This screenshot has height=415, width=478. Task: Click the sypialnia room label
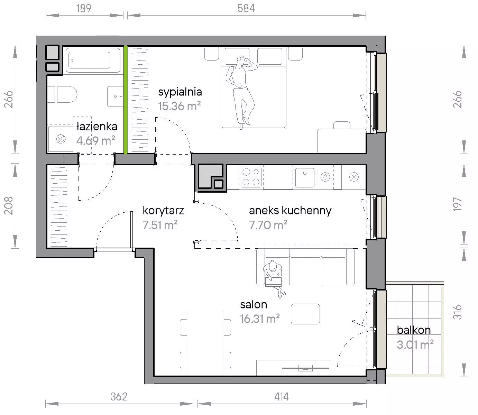click(x=180, y=92)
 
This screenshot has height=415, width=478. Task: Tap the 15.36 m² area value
click(x=180, y=106)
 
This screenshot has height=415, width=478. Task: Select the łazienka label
click(x=97, y=127)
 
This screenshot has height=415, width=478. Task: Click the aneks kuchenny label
click(x=290, y=211)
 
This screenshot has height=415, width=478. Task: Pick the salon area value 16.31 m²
click(x=260, y=319)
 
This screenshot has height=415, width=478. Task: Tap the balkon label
click(x=414, y=330)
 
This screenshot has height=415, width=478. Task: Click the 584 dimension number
click(x=246, y=9)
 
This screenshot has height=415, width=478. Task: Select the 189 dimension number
click(x=84, y=9)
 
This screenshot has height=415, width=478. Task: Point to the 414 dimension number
click(x=281, y=397)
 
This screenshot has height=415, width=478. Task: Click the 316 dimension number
click(x=458, y=312)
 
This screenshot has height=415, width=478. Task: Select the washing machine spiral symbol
click(x=61, y=139)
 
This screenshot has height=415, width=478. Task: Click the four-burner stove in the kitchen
click(x=251, y=177)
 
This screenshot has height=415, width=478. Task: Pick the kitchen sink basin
click(x=305, y=177)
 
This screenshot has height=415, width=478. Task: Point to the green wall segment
click(x=126, y=100)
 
